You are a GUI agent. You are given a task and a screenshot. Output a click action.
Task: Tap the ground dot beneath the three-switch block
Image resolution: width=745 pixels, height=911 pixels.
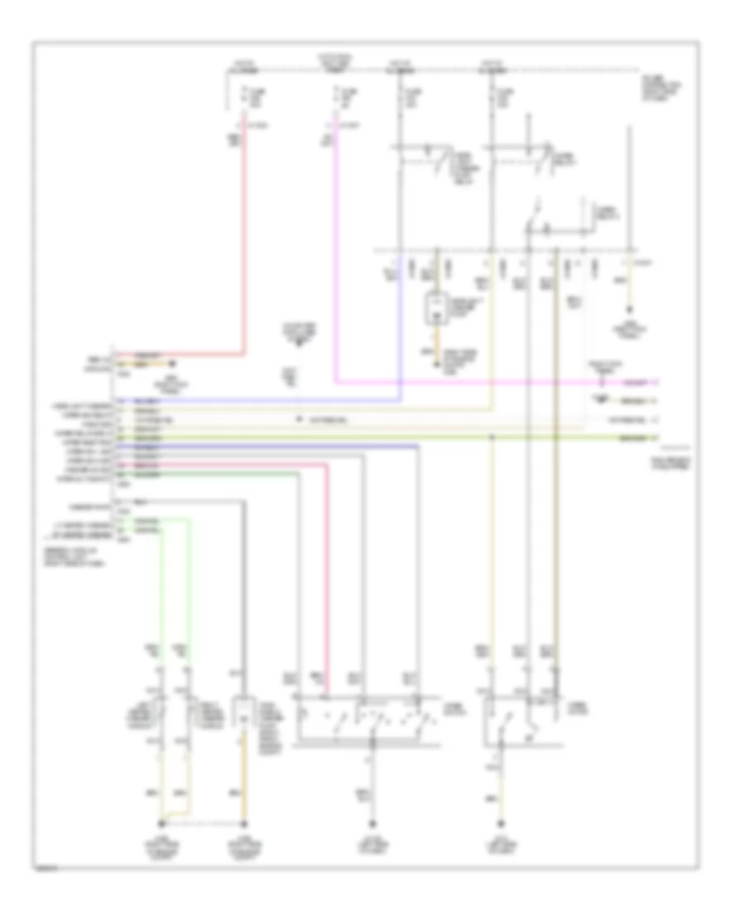tap(371, 825)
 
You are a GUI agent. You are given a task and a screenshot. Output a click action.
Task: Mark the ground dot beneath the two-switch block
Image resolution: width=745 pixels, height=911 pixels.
tap(500, 825)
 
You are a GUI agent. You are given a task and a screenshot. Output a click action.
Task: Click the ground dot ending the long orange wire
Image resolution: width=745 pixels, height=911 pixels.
tap(244, 825)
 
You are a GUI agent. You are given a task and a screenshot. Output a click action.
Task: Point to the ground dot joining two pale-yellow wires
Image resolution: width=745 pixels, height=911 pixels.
tap(162, 825)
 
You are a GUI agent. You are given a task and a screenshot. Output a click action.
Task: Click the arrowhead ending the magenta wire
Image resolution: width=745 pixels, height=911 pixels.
tap(656, 383)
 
